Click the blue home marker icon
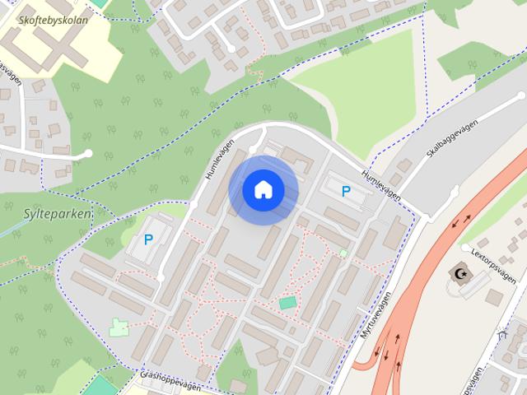263,189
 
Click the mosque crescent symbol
458,271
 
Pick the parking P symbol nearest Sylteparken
148,239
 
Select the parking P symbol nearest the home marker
346,191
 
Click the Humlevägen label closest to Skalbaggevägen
380,185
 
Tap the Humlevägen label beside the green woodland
219,159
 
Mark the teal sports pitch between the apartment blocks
287,303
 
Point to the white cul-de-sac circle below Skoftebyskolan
88,154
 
